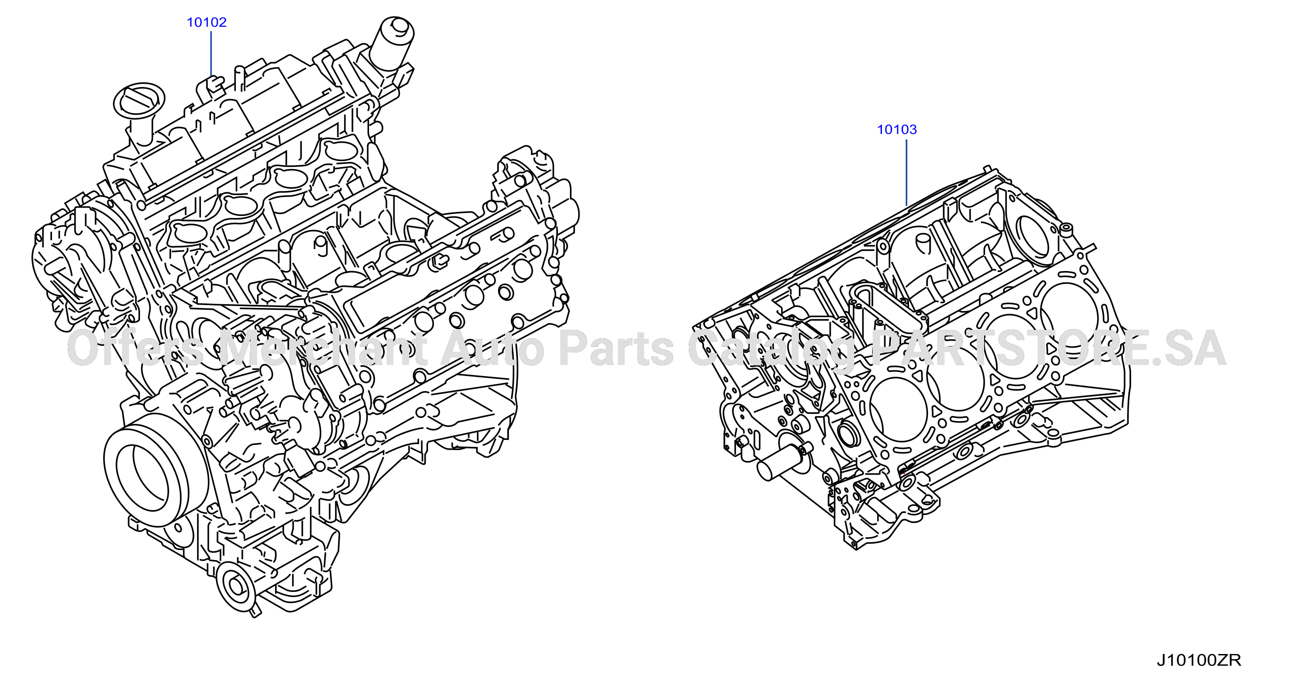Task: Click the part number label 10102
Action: click(206, 22)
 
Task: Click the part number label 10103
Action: click(897, 130)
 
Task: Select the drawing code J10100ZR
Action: click(1198, 660)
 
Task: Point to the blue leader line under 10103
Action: click(907, 172)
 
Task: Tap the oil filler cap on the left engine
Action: click(139, 101)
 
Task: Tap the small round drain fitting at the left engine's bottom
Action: click(236, 586)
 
